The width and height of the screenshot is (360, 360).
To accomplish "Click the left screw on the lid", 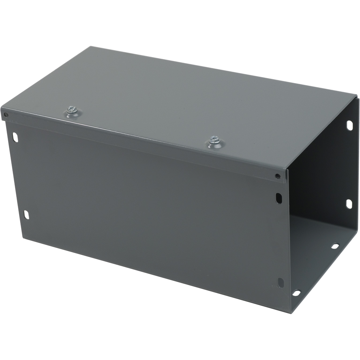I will (x=72, y=110).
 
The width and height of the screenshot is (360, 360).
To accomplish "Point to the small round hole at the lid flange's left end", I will (x=6, y=115).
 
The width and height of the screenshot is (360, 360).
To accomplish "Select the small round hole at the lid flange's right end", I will (x=278, y=176).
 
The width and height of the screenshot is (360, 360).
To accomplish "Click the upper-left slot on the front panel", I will (x=15, y=137).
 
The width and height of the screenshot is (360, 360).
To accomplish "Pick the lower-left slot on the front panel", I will (x=26, y=214).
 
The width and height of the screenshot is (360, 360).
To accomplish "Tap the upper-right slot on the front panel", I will (x=279, y=198).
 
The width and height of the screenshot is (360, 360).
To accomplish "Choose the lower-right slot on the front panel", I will (x=281, y=282).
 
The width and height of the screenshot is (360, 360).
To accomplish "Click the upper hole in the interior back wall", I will (x=349, y=125).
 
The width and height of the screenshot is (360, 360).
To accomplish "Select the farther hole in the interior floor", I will (x=335, y=246).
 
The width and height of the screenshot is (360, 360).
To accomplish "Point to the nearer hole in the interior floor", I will (x=296, y=293).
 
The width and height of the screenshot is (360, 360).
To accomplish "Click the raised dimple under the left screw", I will (x=73, y=114).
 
